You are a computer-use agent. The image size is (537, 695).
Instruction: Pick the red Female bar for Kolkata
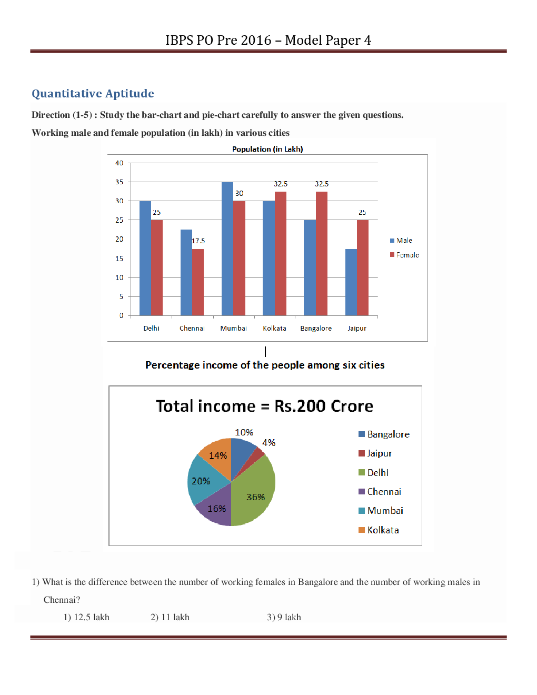coord(281,253)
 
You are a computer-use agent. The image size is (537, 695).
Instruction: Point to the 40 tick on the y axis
coord(120,163)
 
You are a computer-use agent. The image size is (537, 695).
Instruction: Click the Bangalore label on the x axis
coord(316,329)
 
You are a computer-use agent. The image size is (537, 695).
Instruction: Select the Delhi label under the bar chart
coord(151,329)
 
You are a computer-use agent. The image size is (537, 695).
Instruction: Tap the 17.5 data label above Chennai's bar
coord(198,241)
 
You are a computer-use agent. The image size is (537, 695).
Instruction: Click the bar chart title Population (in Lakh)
coord(267,149)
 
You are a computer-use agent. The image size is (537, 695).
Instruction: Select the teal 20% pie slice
coord(203,480)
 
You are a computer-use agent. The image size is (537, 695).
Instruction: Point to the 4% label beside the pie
coord(268,443)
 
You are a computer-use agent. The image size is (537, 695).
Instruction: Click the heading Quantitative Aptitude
coord(93,94)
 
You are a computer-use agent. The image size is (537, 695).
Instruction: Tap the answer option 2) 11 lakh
coord(170,617)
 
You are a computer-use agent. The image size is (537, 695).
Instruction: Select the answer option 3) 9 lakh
coord(284,617)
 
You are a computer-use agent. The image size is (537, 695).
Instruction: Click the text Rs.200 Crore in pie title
coord(323,406)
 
